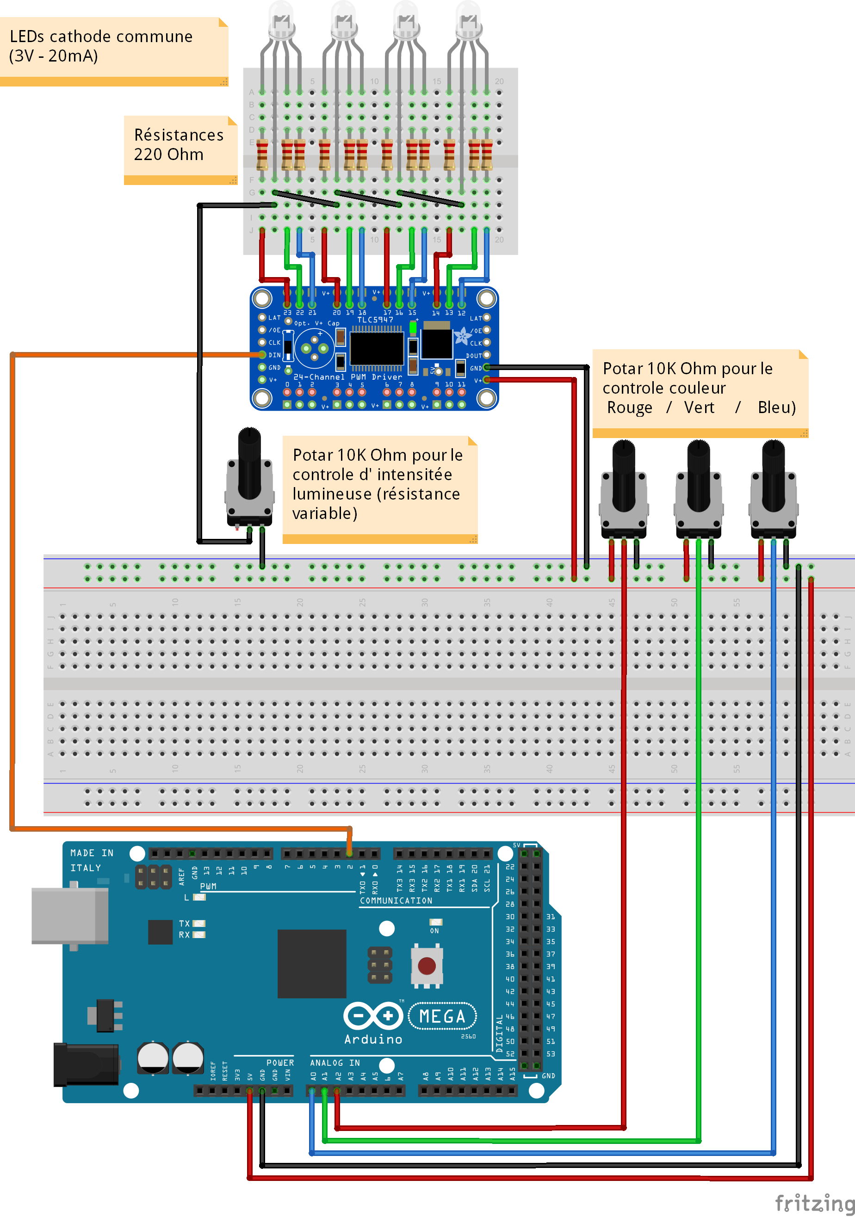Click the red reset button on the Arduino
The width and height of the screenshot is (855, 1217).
point(427,965)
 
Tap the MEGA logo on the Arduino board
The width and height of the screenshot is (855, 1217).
point(442,1016)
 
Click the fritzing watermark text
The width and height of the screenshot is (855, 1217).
point(814,1203)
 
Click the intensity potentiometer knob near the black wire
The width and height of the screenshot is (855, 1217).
point(249,461)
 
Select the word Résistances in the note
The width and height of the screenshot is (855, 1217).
point(179,135)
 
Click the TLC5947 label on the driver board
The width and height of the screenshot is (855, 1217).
point(375,320)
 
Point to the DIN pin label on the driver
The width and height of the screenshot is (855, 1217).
point(274,355)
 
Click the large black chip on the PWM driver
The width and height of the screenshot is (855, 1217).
point(377,348)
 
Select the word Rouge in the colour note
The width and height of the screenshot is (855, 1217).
point(629,408)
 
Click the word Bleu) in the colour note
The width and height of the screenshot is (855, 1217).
point(776,408)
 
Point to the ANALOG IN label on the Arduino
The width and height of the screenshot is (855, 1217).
point(335,1063)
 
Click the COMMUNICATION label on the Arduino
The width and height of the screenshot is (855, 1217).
point(396,901)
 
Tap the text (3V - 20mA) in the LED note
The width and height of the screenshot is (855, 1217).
point(54,56)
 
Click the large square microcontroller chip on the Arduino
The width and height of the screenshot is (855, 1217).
point(312,964)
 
